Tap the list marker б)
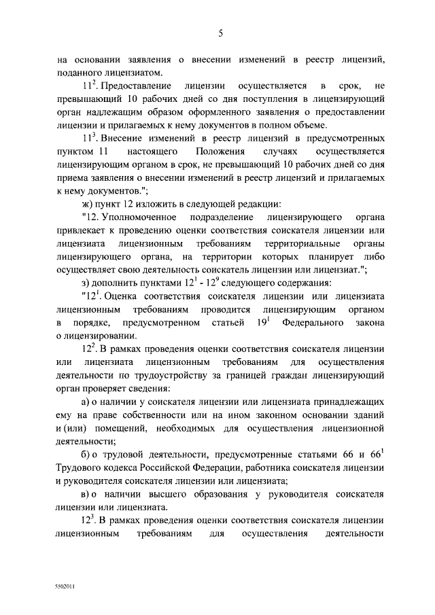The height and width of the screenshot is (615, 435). pyautogui.click(x=86, y=455)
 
